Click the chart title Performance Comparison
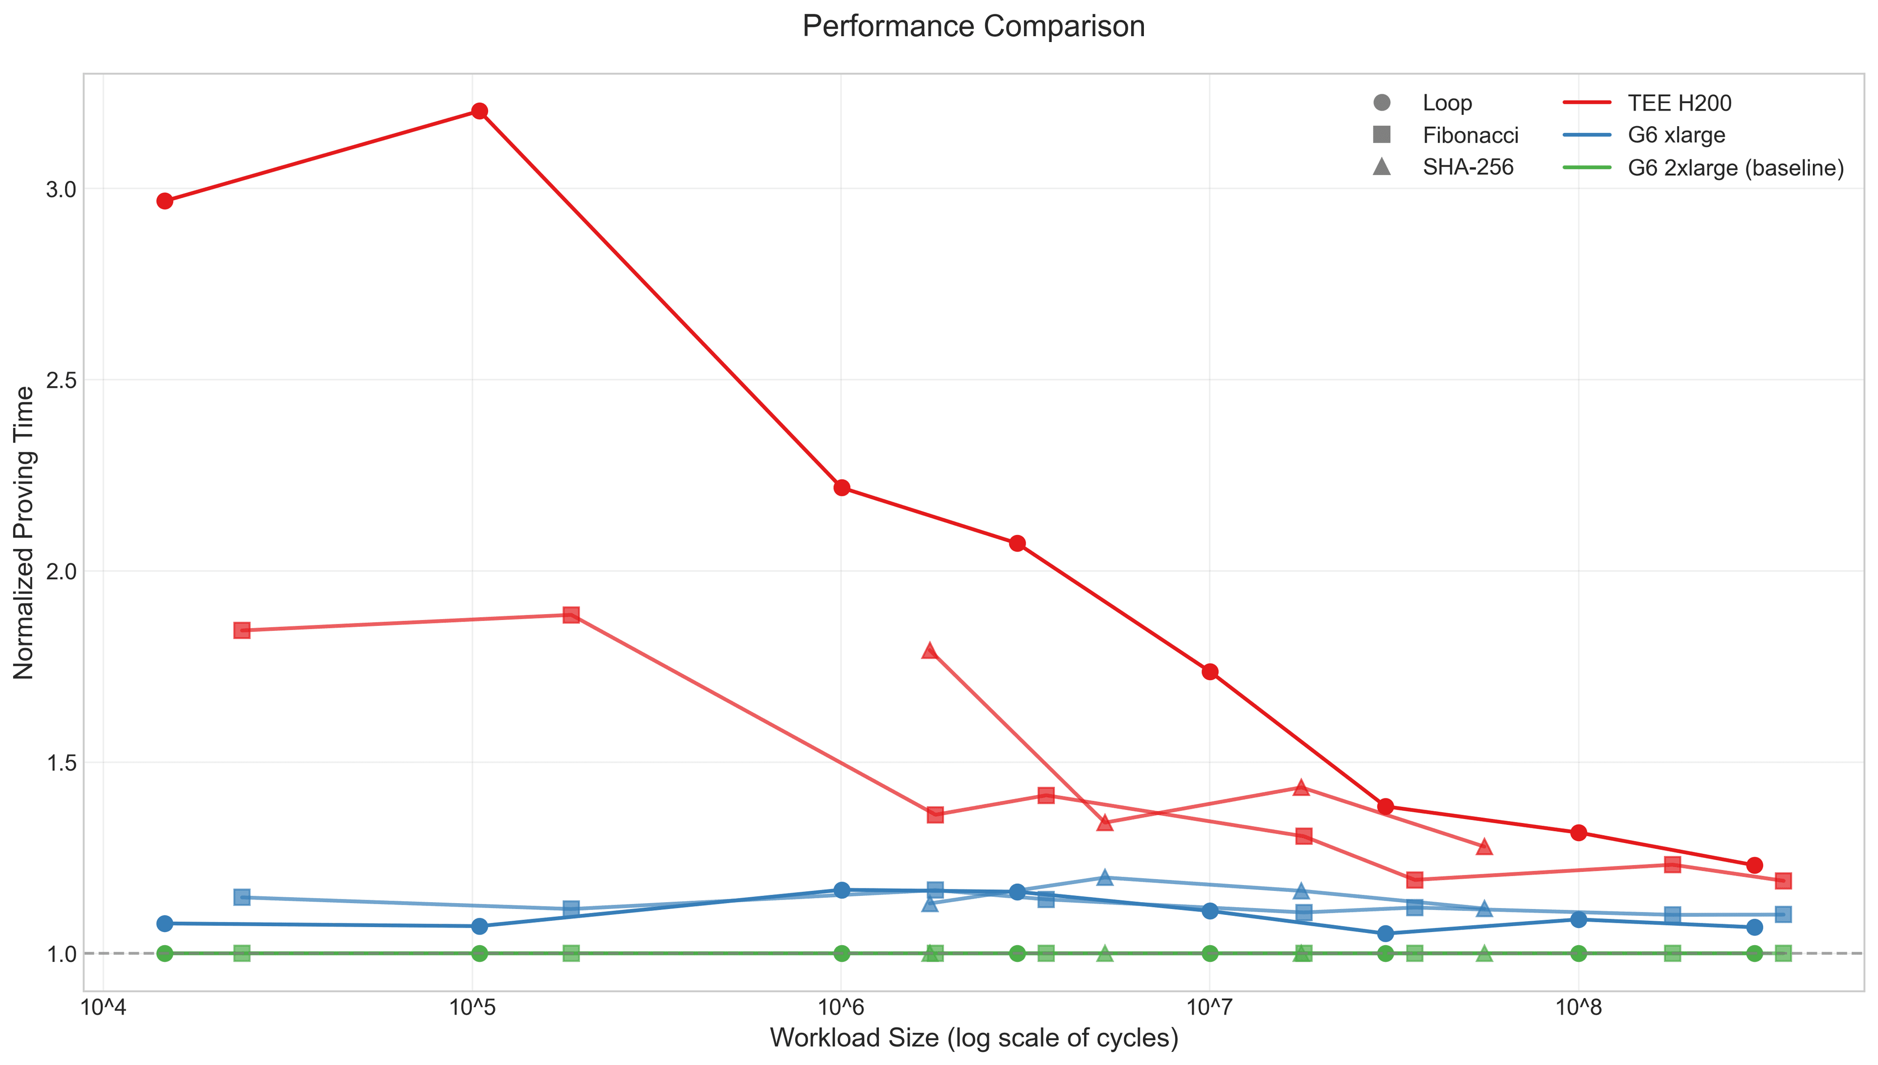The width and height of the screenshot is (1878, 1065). click(973, 26)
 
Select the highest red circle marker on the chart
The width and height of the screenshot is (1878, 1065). click(479, 111)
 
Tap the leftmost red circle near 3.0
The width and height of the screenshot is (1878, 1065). click(165, 201)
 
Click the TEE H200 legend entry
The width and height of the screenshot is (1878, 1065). click(1679, 103)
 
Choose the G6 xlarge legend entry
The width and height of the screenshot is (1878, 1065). click(1676, 135)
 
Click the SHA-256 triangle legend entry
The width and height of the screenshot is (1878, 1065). click(1467, 168)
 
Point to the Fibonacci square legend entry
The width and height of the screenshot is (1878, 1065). click(1470, 135)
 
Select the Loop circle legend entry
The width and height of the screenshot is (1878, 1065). click(1446, 103)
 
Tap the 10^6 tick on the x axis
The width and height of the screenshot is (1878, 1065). click(841, 1008)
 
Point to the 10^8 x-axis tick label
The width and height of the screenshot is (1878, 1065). click(1578, 1008)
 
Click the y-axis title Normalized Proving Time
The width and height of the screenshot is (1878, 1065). click(24, 532)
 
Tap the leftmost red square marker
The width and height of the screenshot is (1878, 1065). click(242, 630)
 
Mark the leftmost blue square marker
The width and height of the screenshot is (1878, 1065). click(242, 897)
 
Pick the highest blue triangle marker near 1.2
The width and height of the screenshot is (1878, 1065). click(1105, 877)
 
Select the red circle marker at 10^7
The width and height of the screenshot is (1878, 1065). click(1210, 671)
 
